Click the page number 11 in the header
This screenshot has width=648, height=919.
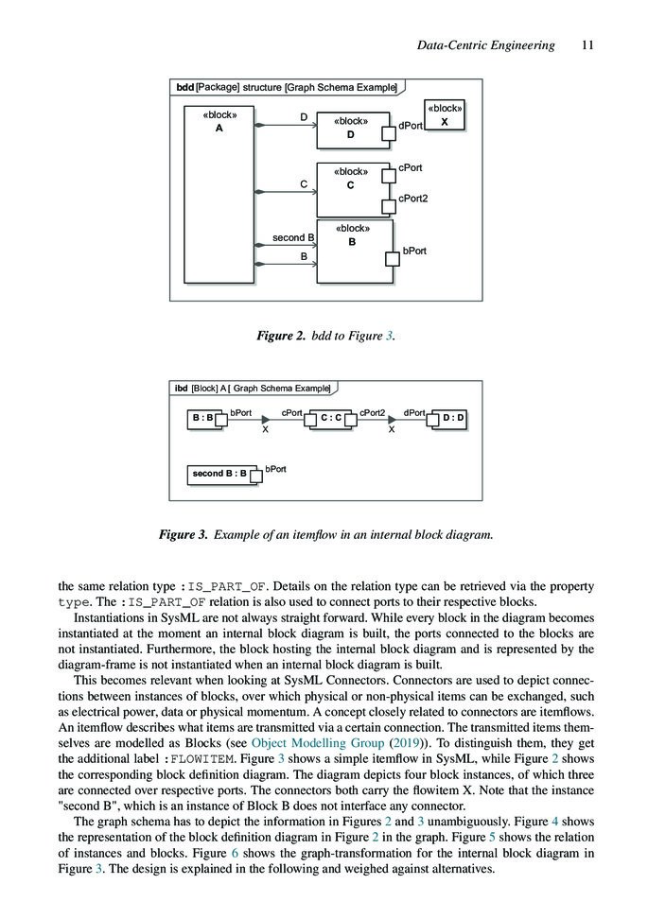point(587,45)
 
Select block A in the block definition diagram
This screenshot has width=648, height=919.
point(219,193)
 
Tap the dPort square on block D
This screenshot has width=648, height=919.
point(388,133)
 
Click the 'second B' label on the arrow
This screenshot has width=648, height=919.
point(293,237)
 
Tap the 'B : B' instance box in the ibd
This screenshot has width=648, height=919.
point(203,417)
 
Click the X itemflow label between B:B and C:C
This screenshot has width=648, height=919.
point(265,430)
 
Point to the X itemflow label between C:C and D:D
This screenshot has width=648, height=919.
point(392,430)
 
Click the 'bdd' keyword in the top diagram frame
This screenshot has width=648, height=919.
point(184,88)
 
